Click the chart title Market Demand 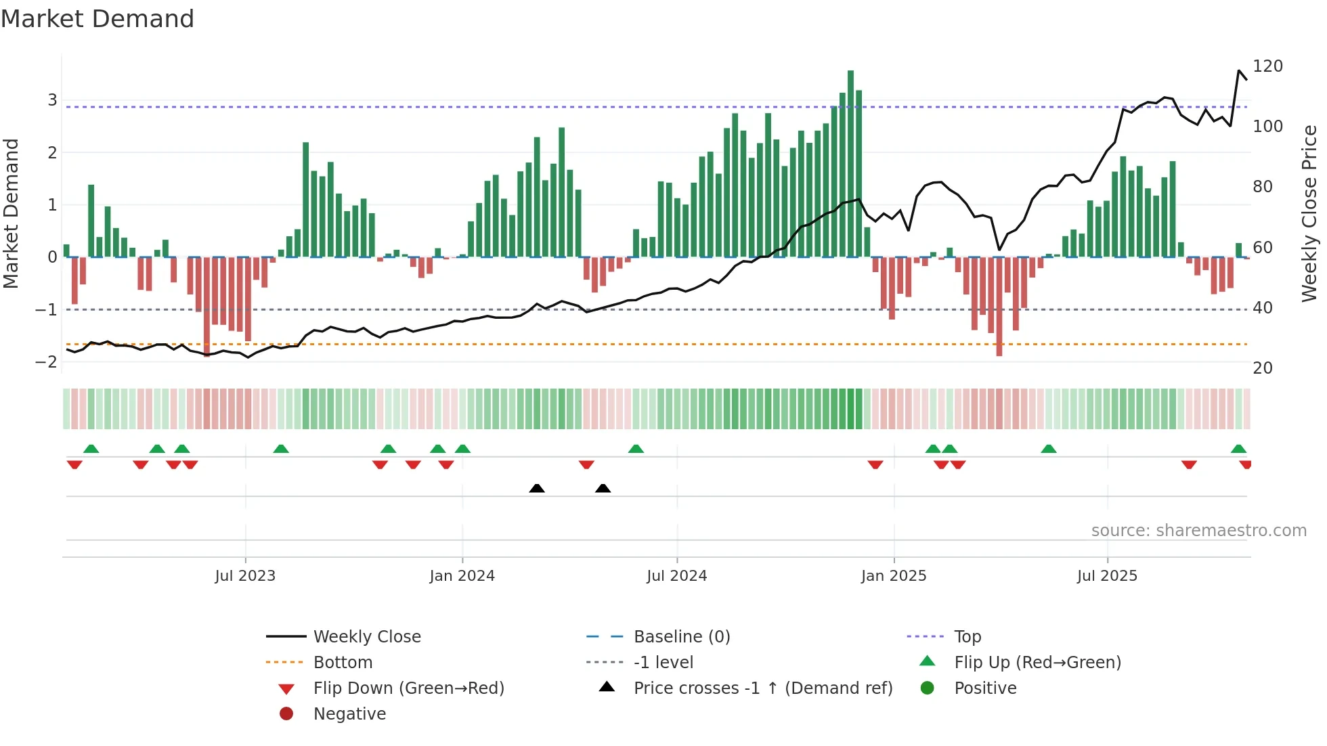(97, 19)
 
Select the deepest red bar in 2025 (999, 306)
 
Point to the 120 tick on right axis (1267, 66)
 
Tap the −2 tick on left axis (46, 362)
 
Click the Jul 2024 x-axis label (676, 576)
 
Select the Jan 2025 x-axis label (894, 576)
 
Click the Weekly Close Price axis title (1309, 213)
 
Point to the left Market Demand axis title (12, 213)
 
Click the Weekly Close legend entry (366, 637)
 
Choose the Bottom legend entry (343, 663)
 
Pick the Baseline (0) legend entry (681, 637)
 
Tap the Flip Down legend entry (408, 688)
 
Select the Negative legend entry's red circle (286, 714)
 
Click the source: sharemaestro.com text (1198, 531)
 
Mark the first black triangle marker (537, 488)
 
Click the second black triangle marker (603, 488)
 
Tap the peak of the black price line (1239, 70)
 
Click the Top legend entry (967, 637)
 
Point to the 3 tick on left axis (52, 100)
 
